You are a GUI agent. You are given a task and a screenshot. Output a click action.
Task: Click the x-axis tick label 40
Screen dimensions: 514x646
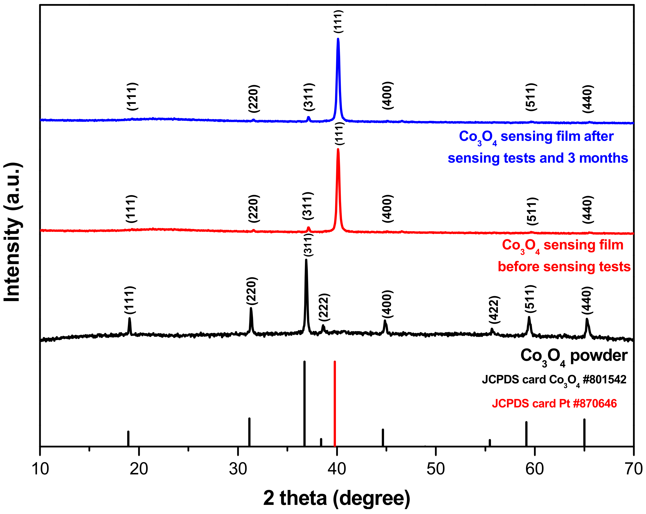click(337, 469)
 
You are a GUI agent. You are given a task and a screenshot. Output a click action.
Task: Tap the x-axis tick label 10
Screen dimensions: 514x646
click(40, 469)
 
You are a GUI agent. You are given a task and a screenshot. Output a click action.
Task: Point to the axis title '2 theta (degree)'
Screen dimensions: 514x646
click(337, 498)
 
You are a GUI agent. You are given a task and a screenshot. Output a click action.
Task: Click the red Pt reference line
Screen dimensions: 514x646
click(335, 404)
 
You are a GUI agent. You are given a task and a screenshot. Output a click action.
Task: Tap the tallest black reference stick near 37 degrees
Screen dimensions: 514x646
click(305, 404)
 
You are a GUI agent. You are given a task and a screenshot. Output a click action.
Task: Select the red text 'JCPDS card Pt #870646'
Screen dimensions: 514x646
click(554, 404)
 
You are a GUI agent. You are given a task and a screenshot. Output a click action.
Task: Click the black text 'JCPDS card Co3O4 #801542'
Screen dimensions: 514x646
click(554, 380)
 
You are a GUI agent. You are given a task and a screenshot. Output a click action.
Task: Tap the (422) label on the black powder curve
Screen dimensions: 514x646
click(494, 310)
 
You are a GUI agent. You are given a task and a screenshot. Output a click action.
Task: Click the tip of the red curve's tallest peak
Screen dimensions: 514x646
click(338, 149)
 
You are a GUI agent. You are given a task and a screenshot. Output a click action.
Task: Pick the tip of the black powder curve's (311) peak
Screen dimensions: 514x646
click(306, 260)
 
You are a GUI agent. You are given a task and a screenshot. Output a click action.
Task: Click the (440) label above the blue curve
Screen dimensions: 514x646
click(588, 99)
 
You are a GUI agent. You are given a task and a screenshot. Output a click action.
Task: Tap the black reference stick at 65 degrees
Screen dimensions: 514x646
click(584, 432)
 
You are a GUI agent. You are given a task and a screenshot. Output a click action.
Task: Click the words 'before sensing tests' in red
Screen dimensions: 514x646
click(564, 266)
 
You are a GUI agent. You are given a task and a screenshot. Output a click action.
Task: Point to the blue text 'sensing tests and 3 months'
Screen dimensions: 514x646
click(538, 158)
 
